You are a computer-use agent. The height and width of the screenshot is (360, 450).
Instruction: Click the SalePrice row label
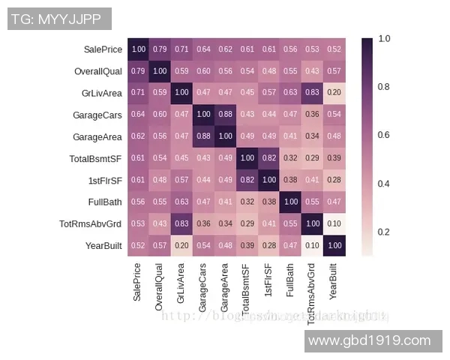click(x=103, y=49)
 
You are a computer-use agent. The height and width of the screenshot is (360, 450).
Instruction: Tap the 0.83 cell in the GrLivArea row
click(x=312, y=93)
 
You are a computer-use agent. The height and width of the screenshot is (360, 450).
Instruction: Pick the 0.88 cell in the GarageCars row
click(x=225, y=115)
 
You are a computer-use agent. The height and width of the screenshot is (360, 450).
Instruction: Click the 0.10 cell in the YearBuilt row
click(x=312, y=246)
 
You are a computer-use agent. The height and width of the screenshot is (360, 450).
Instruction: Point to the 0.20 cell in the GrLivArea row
click(x=334, y=93)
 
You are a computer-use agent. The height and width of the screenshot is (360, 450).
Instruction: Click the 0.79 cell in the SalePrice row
click(x=160, y=49)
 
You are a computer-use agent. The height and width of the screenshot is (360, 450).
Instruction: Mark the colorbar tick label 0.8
click(x=383, y=87)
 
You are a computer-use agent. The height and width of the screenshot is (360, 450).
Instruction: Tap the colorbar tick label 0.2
click(x=383, y=232)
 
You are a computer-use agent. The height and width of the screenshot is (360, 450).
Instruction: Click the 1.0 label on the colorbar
click(x=383, y=38)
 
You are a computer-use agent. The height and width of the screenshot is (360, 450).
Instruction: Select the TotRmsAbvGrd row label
click(x=91, y=224)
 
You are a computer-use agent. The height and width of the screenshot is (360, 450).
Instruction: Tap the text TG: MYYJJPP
click(x=59, y=19)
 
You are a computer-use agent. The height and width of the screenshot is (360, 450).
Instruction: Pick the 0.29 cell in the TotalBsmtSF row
click(x=312, y=158)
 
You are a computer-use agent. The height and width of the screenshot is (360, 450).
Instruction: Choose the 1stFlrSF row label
click(x=105, y=181)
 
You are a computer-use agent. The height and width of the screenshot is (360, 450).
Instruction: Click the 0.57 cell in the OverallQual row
click(x=334, y=71)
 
